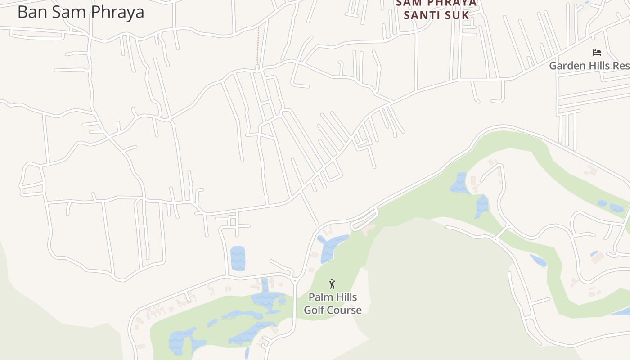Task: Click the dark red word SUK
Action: (x=459, y=15)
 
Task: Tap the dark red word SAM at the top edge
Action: (x=409, y=3)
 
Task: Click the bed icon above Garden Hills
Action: (x=597, y=53)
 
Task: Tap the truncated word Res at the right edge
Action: (x=624, y=66)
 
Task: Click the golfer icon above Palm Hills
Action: (x=332, y=284)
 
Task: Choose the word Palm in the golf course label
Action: (x=319, y=297)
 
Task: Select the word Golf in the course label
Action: (x=314, y=310)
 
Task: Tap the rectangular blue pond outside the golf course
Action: (x=238, y=259)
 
